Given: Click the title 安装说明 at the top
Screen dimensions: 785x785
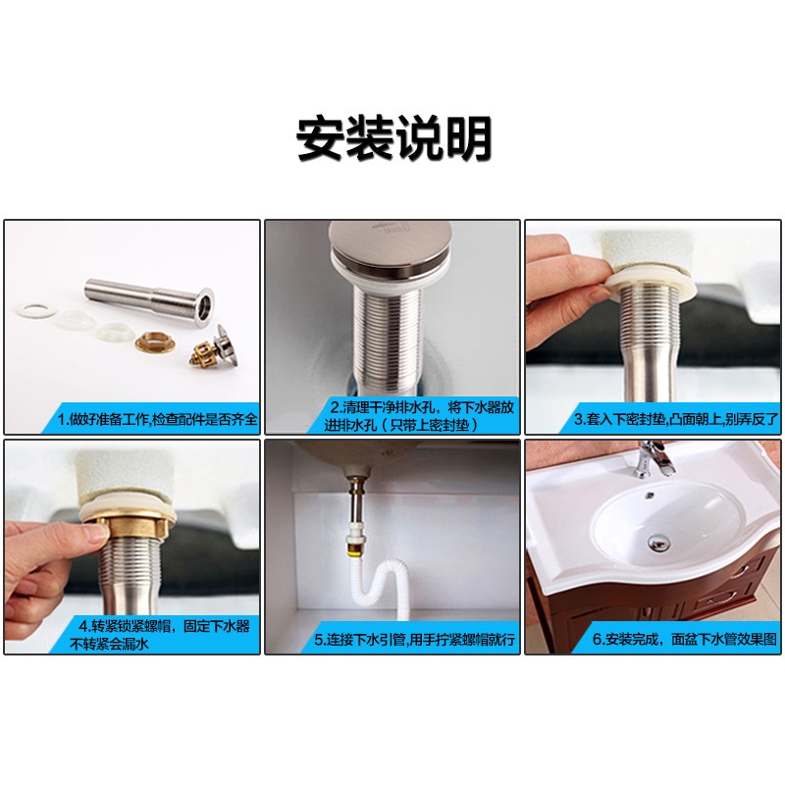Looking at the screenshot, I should click(x=392, y=139).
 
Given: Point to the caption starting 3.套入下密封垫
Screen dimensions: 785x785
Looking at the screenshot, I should click(x=676, y=419).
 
